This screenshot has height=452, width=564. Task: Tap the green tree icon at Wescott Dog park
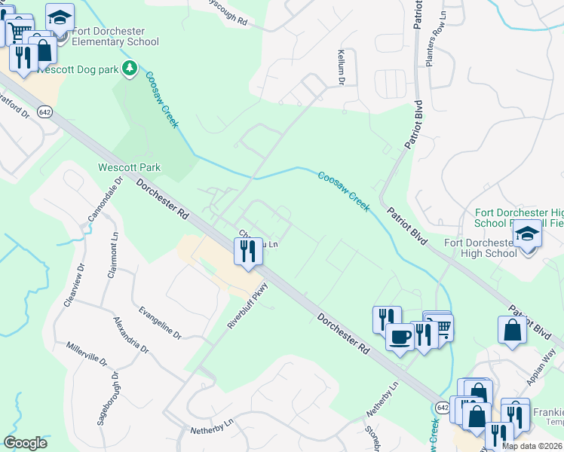[130, 69]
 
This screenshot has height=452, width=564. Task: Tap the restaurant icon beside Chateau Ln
[248, 251]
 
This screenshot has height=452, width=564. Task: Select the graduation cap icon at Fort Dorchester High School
[528, 235]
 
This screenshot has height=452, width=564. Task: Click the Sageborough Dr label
[106, 399]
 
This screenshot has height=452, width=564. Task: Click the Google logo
[26, 443]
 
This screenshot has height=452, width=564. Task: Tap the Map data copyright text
[531, 446]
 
